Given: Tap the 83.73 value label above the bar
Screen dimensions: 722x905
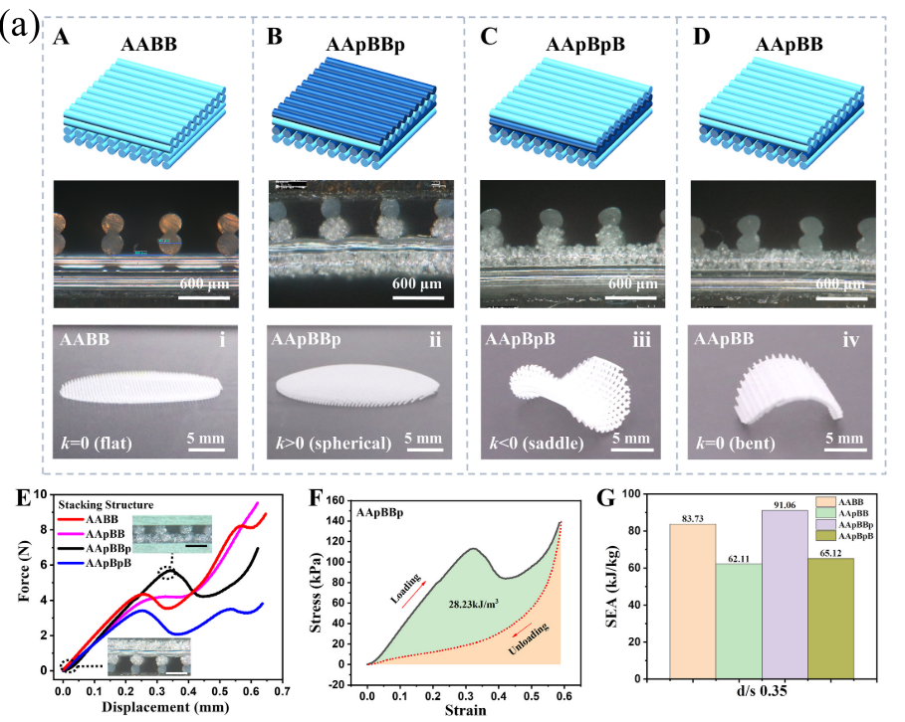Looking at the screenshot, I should point(693,516).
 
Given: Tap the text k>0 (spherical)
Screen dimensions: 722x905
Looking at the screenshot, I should point(332,441).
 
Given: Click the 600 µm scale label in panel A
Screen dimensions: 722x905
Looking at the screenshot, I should point(205,285).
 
